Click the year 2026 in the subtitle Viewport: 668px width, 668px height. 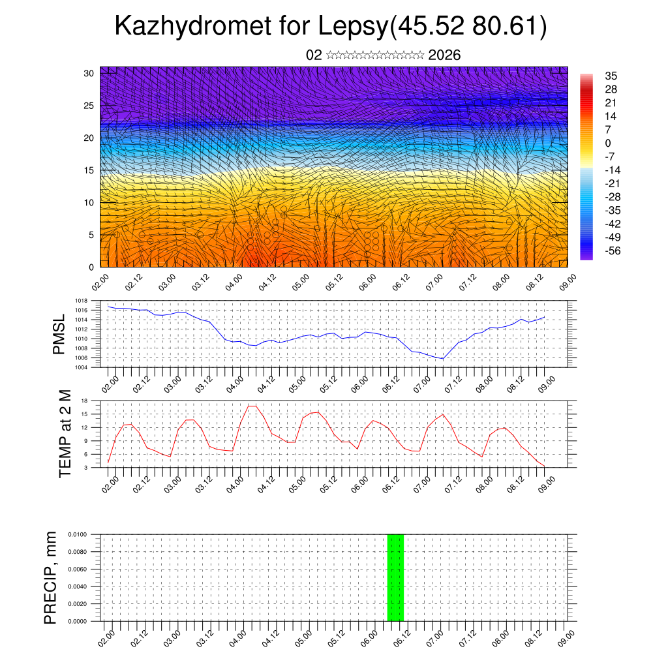point(444,55)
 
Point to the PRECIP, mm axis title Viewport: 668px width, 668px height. point(51,577)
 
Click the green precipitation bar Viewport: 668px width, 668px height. point(395,577)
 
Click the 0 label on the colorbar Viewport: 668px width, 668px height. point(608,143)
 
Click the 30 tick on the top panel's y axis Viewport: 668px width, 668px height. point(88,73)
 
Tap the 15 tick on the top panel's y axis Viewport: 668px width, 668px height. point(88,170)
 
